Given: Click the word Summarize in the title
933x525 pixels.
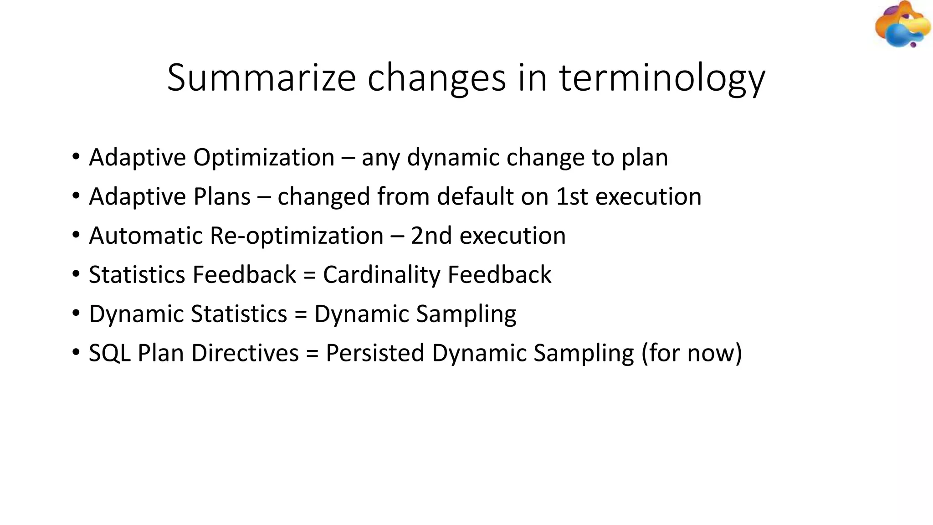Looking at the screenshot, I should coord(261,77).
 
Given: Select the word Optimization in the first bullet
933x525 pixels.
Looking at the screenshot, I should coord(264,158).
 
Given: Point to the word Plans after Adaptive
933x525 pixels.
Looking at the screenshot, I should coord(222,197).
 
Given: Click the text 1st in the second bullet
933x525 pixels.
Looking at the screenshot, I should coord(572,197).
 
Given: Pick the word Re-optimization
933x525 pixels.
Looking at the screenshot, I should coord(296,236).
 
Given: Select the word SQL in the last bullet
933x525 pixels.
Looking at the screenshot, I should coord(110,353).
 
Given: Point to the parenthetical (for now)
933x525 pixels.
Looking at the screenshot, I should coord(692,353).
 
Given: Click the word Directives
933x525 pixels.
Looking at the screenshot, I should coord(245,353).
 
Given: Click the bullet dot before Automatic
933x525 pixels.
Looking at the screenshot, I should coord(76,236).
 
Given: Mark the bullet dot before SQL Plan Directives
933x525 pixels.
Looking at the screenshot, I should coord(76,353).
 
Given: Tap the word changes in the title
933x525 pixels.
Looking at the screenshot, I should coord(436,77).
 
